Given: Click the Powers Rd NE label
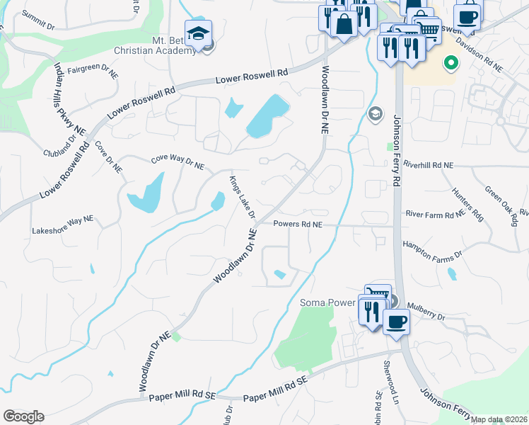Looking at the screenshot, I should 298,225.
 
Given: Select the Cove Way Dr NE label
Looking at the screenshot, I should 178,163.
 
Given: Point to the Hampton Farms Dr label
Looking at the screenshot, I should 431,249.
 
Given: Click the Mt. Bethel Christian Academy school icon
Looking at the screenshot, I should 198,34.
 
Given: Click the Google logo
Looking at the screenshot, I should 23,416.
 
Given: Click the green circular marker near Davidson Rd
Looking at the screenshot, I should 450,64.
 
